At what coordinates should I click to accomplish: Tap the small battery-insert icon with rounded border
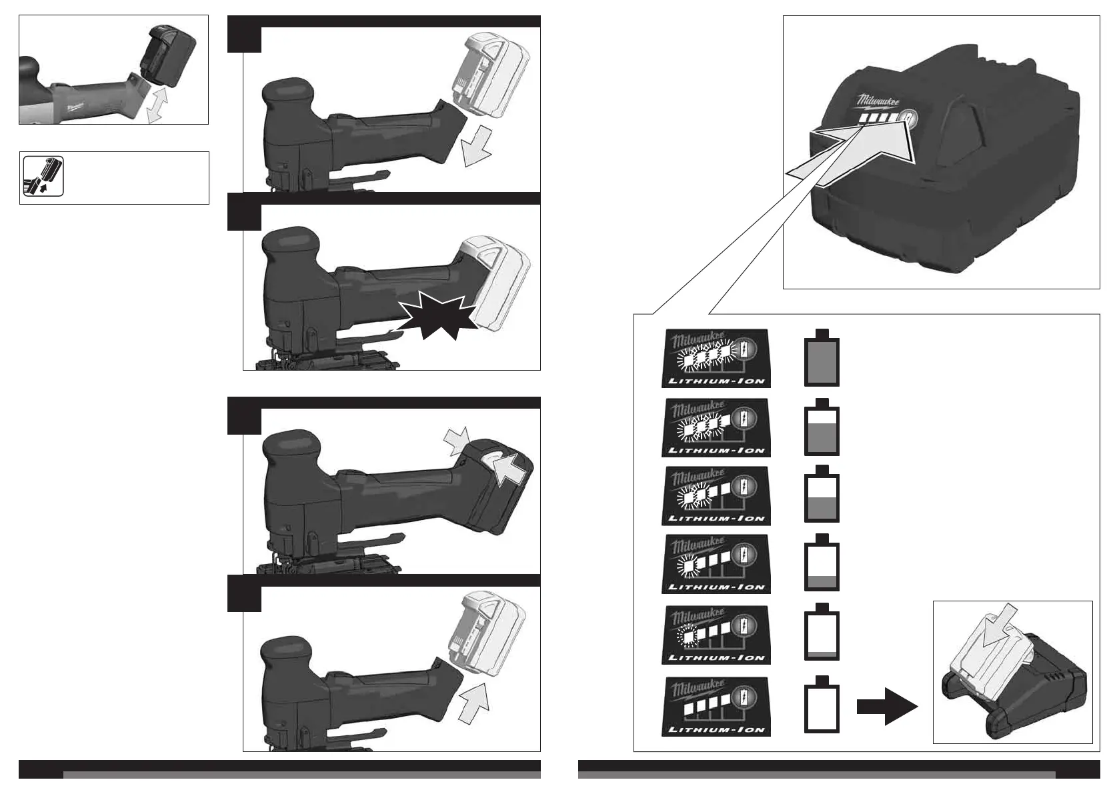click(43, 176)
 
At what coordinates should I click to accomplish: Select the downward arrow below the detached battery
click(475, 148)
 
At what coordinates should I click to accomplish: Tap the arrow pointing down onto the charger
click(1000, 625)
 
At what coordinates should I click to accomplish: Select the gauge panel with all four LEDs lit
click(716, 358)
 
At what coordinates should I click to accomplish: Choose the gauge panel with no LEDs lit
click(716, 706)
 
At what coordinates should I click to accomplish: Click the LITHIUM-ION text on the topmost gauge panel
click(716, 382)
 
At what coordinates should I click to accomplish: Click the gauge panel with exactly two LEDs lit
click(716, 495)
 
